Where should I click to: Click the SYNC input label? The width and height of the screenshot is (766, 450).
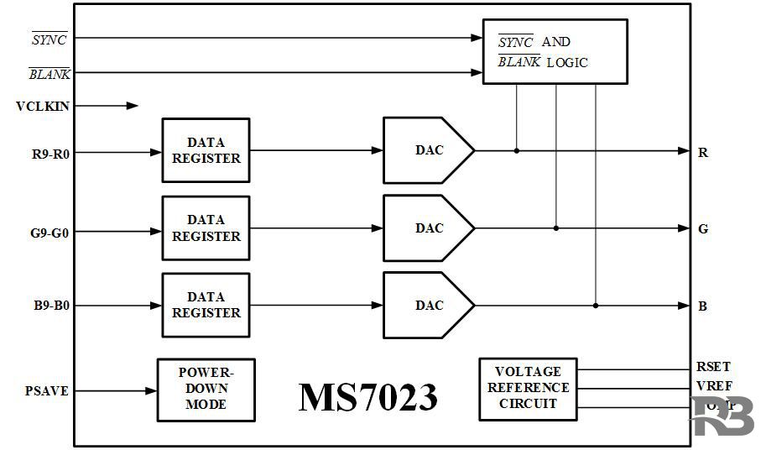[49, 39]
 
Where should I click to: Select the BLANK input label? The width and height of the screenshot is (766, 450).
[50, 74]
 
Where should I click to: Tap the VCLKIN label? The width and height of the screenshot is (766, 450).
[43, 106]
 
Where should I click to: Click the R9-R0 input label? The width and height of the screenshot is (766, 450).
[50, 153]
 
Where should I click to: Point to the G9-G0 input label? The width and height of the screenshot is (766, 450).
[50, 229]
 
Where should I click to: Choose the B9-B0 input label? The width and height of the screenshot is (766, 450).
[50, 306]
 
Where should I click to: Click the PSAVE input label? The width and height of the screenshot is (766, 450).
[47, 391]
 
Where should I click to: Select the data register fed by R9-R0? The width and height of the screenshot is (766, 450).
[206, 150]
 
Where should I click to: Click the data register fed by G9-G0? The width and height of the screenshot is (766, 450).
[206, 228]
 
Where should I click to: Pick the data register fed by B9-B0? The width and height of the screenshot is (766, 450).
[206, 305]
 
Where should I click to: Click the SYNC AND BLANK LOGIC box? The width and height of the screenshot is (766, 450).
[555, 51]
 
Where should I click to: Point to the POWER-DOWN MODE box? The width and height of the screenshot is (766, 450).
[206, 390]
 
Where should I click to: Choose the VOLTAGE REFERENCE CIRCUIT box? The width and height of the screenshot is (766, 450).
[528, 389]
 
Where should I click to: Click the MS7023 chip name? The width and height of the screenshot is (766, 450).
[367, 396]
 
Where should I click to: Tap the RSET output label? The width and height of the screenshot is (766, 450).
[713, 367]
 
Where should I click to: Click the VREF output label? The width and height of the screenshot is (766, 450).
[713, 388]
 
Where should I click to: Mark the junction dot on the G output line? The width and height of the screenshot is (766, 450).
[556, 228]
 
